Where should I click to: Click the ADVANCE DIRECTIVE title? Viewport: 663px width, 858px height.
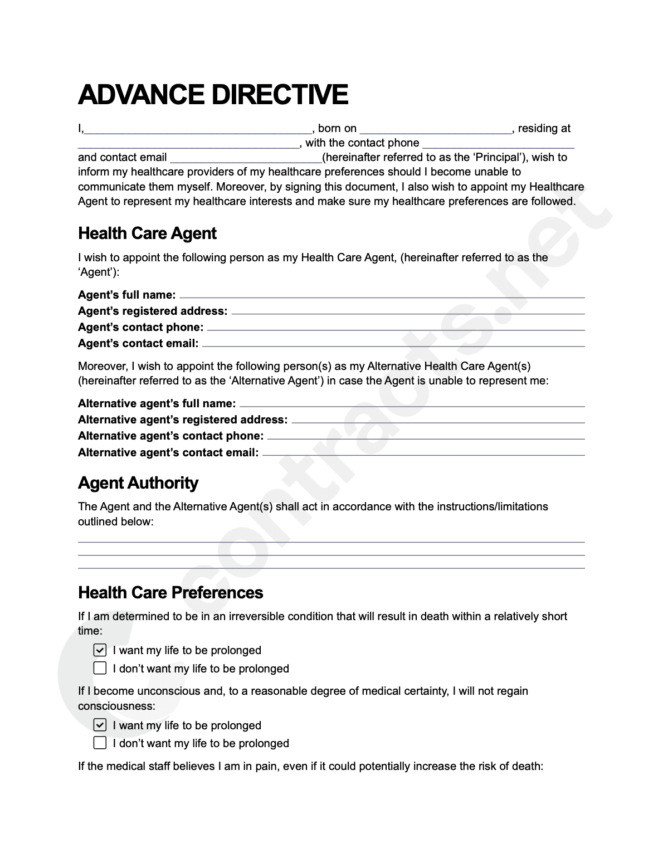tap(213, 94)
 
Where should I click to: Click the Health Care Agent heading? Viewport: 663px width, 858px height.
tap(147, 233)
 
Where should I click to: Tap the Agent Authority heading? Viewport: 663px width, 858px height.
tap(138, 483)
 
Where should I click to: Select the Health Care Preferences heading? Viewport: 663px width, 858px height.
tap(170, 592)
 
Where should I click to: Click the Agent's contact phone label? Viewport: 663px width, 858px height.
tap(140, 328)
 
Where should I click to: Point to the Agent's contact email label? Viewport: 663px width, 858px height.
tap(138, 344)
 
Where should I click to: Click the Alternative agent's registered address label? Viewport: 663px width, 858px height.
tap(183, 420)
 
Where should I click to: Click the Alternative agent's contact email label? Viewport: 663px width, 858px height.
tap(168, 453)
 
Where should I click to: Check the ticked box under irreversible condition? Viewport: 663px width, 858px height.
tap(100, 650)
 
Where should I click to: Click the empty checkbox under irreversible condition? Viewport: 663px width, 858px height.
tap(100, 668)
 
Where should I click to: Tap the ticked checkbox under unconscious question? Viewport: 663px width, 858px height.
tap(100, 725)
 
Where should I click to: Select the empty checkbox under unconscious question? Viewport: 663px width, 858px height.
tap(100, 743)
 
